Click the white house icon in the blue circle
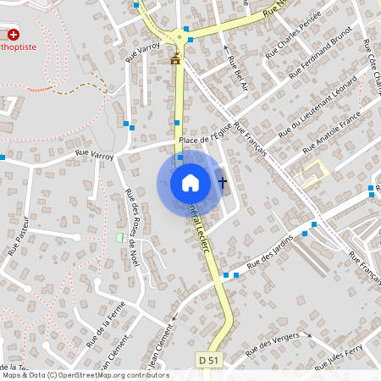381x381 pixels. coord(190,182)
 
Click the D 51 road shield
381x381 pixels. coord(213,362)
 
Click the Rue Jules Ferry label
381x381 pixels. coord(339,356)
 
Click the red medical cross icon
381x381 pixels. coord(14,35)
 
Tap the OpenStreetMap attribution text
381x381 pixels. coord(85,375)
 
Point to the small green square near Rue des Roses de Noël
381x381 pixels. coord(119,237)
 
